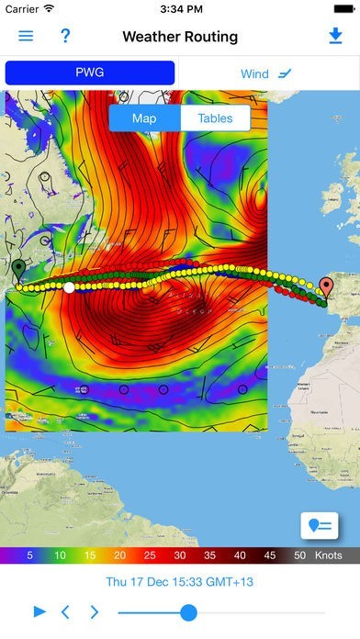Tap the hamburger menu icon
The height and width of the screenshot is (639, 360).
coord(26,37)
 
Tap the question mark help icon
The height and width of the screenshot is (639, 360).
coord(65,37)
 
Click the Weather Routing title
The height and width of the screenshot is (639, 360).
coord(180,37)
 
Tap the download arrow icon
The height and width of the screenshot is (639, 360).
coord(334,37)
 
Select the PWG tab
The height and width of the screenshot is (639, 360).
coord(89,73)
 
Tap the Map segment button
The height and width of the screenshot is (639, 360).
coord(144,118)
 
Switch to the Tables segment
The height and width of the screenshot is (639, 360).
coord(215,118)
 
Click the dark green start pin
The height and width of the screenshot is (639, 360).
coord(17,269)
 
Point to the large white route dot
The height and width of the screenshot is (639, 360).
coord(69,287)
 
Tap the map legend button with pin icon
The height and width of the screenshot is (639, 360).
coord(321,524)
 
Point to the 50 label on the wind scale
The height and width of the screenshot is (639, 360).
coord(299,555)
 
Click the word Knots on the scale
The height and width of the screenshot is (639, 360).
coord(329,555)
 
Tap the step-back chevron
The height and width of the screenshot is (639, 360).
coord(65,611)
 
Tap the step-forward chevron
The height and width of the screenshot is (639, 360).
coord(94,611)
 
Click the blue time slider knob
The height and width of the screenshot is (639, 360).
coord(188,612)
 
